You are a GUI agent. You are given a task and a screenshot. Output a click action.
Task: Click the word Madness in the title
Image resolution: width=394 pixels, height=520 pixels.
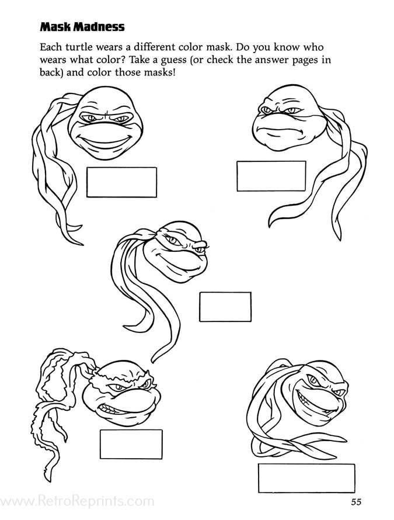pos(99,26)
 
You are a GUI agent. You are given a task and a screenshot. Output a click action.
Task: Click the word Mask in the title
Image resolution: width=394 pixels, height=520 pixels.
pos(55,26)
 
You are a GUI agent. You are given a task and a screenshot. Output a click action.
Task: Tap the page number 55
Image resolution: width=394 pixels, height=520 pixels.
pos(356,502)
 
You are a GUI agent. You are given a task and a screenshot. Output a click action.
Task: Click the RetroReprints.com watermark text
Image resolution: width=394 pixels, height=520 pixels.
pos(77,501)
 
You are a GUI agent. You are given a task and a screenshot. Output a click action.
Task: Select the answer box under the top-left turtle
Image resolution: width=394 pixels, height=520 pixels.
pos(121,182)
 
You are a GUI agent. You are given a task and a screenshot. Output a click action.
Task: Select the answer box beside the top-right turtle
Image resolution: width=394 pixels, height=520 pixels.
pos(271,176)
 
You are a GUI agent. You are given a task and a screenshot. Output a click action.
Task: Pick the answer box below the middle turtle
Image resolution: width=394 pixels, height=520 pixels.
pos(225,307)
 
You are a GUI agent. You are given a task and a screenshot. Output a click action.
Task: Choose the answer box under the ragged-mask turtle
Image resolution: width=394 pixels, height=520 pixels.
pos(131,445)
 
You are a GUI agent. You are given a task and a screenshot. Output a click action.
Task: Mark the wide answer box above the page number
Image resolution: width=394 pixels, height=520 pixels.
pos(306,478)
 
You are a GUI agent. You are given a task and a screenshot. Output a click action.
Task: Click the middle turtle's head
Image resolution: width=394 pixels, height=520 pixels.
pos(176,251)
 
